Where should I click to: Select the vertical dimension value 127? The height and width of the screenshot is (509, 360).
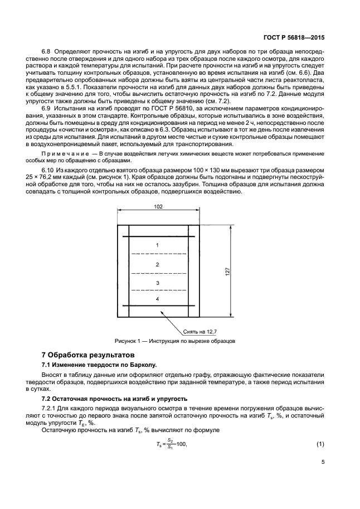(x=228, y=271)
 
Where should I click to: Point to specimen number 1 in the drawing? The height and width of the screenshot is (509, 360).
(x=158, y=245)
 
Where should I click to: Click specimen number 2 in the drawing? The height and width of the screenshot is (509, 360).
(x=158, y=264)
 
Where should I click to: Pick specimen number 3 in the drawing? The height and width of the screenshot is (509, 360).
(x=158, y=283)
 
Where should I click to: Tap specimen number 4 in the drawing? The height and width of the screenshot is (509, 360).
(x=158, y=299)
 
